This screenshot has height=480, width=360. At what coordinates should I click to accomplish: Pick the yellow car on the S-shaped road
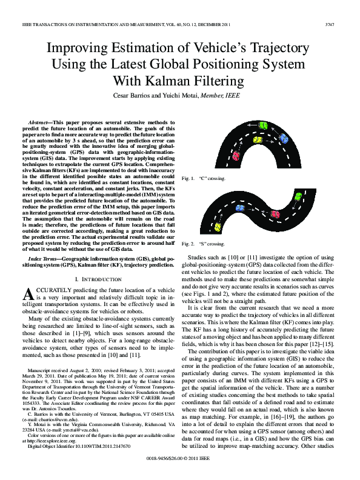point(218,227)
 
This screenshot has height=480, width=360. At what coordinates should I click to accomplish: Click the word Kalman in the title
point(178,81)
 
